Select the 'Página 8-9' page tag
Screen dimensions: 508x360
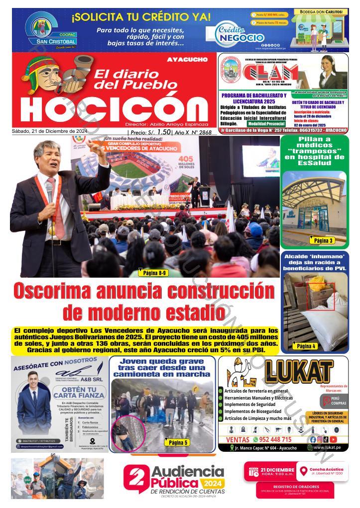pyautogui.click(x=154, y=273)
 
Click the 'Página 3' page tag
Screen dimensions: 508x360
pyautogui.click(x=323, y=241)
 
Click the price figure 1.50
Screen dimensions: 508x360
pyautogui.click(x=163, y=132)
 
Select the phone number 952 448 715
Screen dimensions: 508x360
pyautogui.click(x=272, y=439)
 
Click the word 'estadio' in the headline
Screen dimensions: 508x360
pyautogui.click(x=182, y=313)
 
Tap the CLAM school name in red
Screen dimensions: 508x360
pyautogui.click(x=271, y=74)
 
